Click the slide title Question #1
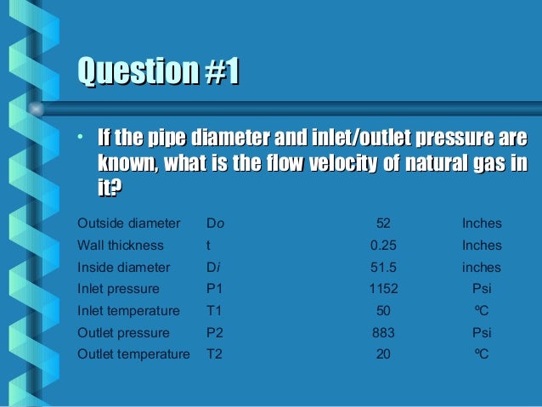[x=156, y=72]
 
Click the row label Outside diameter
[x=128, y=223]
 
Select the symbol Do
[x=216, y=223]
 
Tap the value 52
[x=383, y=223]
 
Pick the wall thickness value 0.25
[x=383, y=246]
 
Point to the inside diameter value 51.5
[x=383, y=268]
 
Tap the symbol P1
[x=215, y=289]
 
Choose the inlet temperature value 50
[x=383, y=311]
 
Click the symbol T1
[x=215, y=311]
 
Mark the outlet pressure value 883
[x=383, y=332]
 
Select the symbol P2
[x=215, y=332]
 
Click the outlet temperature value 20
[x=383, y=353]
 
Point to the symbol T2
[x=215, y=353]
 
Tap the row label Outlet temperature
[x=133, y=353]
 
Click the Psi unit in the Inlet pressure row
[x=482, y=289]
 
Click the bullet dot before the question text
[x=78, y=138]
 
